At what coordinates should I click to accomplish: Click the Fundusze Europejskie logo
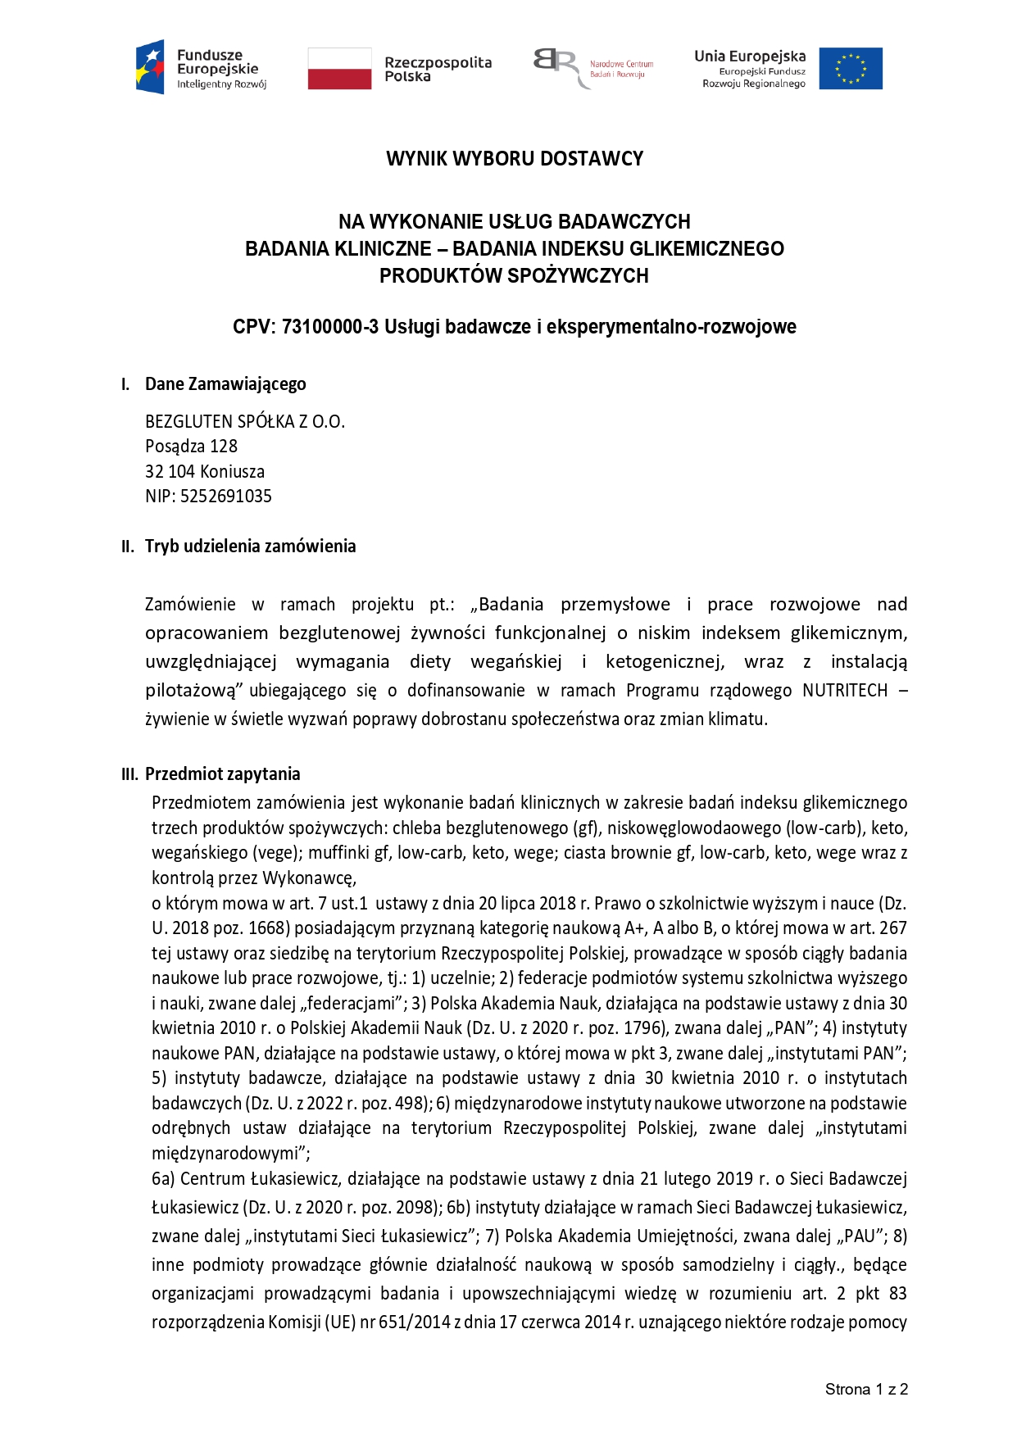tap(202, 68)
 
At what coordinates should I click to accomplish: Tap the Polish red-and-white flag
tap(339, 68)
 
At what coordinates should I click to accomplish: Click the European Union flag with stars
tap(851, 68)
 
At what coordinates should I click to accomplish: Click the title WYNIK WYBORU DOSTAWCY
tap(515, 158)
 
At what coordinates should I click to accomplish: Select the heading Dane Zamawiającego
tap(225, 383)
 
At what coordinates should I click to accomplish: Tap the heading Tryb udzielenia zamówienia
tap(250, 546)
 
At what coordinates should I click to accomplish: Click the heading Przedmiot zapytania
tap(223, 773)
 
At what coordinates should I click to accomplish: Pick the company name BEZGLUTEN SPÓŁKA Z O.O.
tap(245, 421)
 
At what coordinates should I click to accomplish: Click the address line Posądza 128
tap(191, 446)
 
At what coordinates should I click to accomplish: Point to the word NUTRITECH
tap(845, 690)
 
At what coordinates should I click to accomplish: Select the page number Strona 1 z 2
tap(866, 1389)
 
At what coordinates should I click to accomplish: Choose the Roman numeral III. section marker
tap(129, 774)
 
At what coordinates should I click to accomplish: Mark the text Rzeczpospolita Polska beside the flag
tap(438, 69)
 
